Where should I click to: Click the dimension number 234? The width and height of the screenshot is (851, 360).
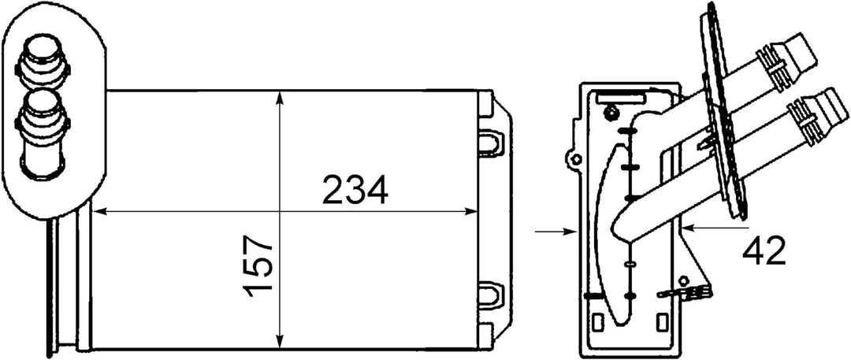coord(354,191)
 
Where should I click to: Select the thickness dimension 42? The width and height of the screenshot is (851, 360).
coord(764,251)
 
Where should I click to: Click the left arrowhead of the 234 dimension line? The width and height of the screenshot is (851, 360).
coord(98,211)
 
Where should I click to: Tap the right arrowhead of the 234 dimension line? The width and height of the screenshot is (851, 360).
coord(474,211)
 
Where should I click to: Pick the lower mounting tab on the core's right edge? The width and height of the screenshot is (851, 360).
coord(490,292)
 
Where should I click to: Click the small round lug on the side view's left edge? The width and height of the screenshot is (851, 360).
coord(577,160)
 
